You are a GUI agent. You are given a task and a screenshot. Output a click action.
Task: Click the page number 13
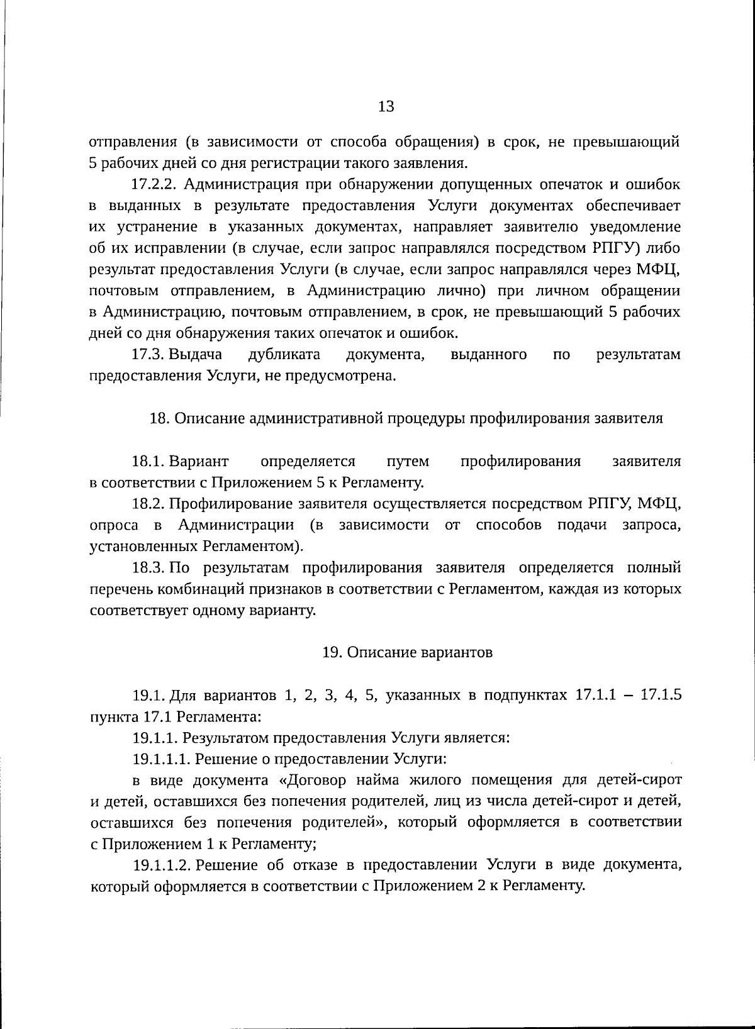click(x=386, y=106)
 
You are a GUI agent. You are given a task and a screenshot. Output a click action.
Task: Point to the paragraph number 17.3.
click(x=148, y=355)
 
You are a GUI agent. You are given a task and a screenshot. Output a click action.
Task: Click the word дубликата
click(x=284, y=355)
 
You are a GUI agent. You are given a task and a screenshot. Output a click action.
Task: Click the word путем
click(x=408, y=462)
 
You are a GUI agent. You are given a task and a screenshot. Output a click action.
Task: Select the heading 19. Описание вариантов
click(x=407, y=653)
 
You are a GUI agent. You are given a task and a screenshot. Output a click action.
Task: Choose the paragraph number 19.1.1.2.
click(x=162, y=865)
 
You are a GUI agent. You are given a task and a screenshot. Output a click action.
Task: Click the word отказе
click(x=313, y=865)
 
